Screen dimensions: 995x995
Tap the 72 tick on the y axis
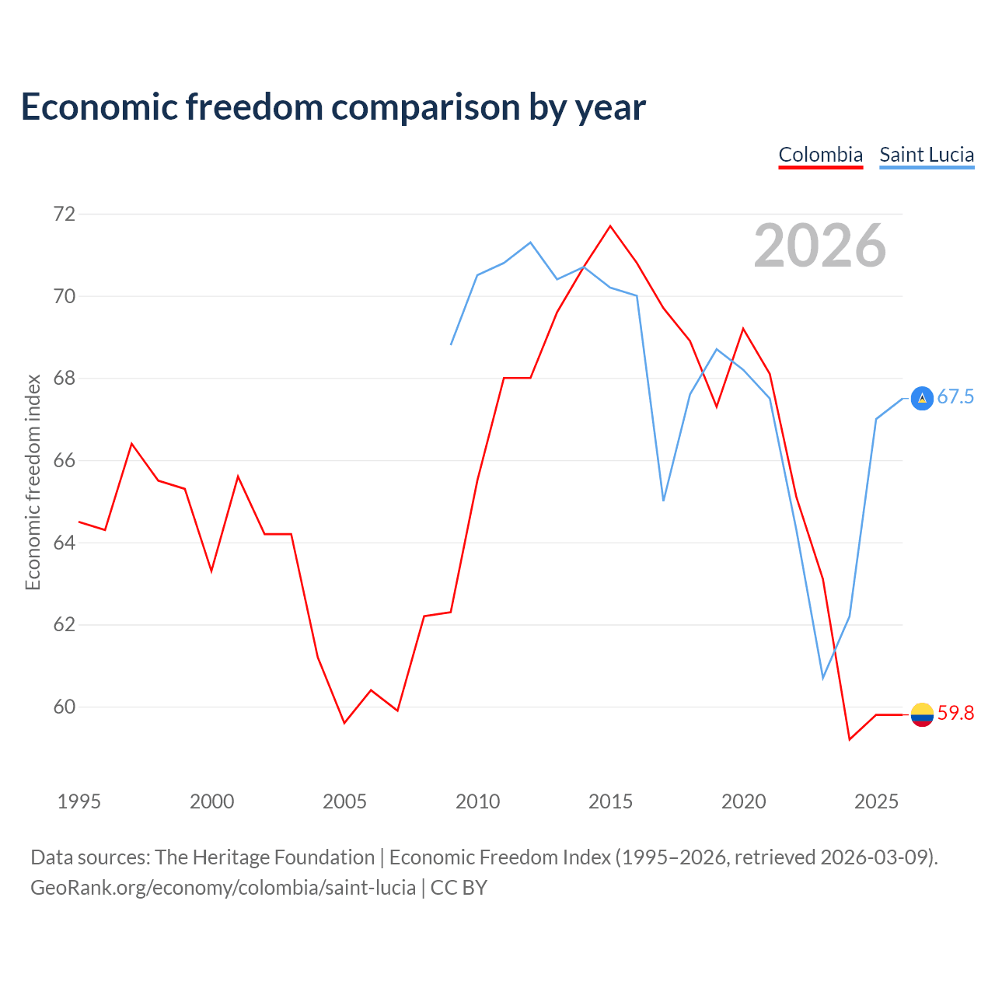pyautogui.click(x=65, y=214)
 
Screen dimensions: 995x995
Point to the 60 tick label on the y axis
pyautogui.click(x=65, y=707)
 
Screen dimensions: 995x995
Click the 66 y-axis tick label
pyautogui.click(x=65, y=460)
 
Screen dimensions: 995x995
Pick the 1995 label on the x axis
pyautogui.click(x=79, y=801)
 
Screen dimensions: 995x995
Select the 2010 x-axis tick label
pyautogui.click(x=477, y=801)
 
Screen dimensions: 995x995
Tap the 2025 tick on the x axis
pyautogui.click(x=876, y=801)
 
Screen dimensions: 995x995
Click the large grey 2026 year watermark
pyautogui.click(x=820, y=246)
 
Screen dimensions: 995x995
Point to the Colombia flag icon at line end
pyautogui.click(x=922, y=714)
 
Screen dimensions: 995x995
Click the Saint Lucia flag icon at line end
pyautogui.click(x=922, y=398)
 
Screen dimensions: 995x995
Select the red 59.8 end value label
pyautogui.click(x=955, y=713)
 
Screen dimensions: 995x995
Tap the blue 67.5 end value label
pyautogui.click(x=955, y=396)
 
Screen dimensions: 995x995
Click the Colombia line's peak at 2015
pyautogui.click(x=610, y=226)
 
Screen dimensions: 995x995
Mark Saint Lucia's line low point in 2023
pyautogui.click(x=823, y=678)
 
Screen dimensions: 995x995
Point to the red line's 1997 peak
pyautogui.click(x=132, y=444)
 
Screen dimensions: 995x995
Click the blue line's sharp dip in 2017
pyautogui.click(x=664, y=501)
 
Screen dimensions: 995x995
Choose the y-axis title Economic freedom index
pyautogui.click(x=33, y=482)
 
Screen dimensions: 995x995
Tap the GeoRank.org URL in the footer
pyautogui.click(x=223, y=888)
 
